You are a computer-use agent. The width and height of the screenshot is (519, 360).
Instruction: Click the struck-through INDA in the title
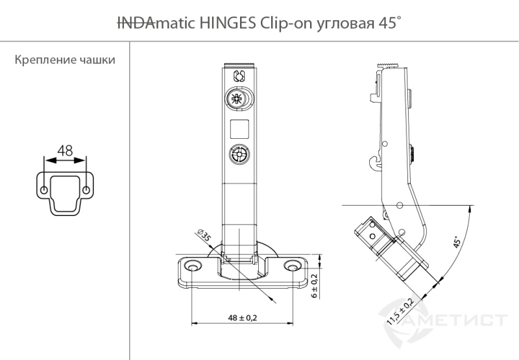tap(136, 23)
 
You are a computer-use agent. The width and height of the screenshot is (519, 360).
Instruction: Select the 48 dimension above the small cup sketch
tap(65, 150)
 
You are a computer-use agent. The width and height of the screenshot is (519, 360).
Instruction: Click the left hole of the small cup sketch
tap(44, 191)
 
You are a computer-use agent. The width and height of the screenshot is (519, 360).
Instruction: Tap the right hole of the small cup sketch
tap(86, 191)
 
